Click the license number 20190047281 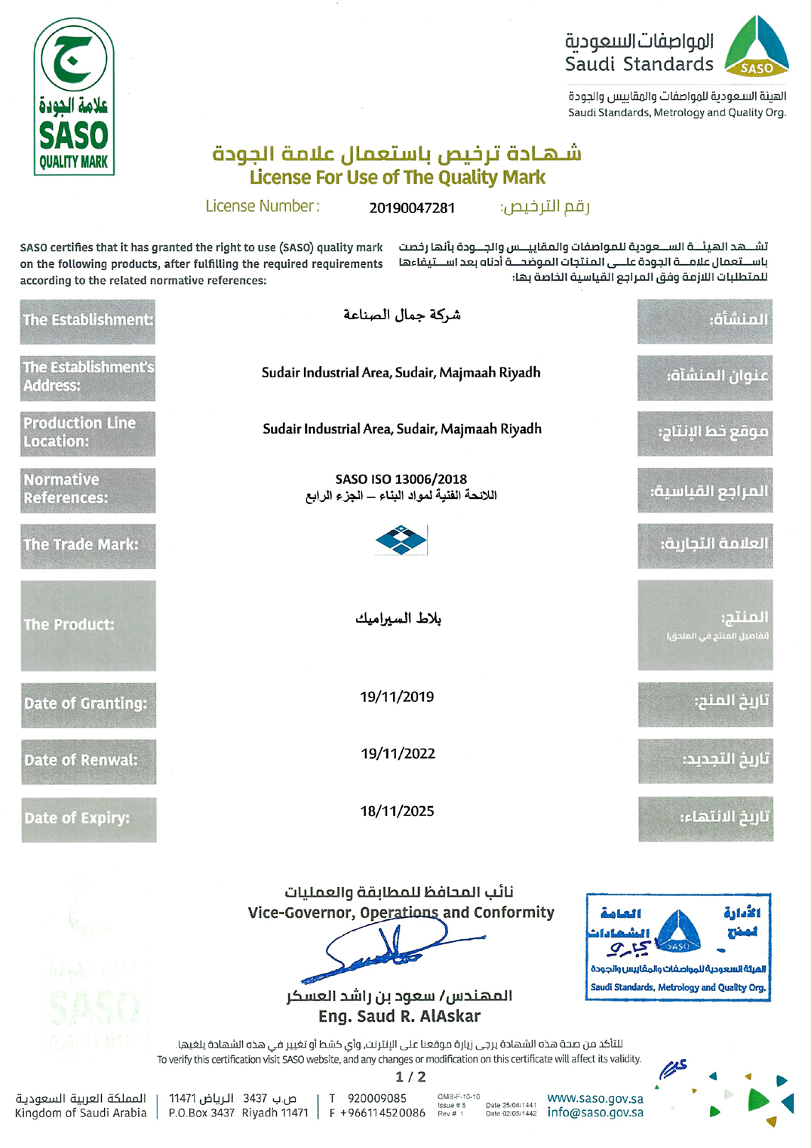point(412,208)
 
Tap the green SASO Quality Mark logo point(74,97)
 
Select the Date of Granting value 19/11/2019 point(397,697)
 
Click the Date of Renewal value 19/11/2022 point(398,753)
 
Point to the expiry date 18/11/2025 point(397,811)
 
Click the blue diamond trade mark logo point(401,540)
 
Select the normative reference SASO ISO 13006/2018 point(401,479)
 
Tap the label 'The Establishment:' point(88,320)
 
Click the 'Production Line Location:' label point(88,432)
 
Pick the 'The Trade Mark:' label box point(88,545)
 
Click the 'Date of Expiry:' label point(88,818)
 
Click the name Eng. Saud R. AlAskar point(399,1016)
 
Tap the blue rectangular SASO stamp point(677,946)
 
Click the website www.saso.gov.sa point(595,1098)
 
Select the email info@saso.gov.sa point(595,1113)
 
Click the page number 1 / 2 point(410,1077)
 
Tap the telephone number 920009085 point(376,1098)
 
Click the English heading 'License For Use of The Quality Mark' point(398,177)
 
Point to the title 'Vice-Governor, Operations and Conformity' point(401,913)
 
